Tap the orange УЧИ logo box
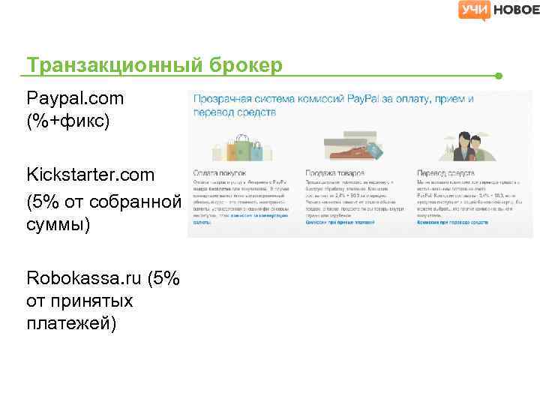(474, 10)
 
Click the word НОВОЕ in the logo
(515, 10)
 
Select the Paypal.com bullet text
(75, 98)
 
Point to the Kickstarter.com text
(90, 175)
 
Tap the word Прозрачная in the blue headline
(223, 99)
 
